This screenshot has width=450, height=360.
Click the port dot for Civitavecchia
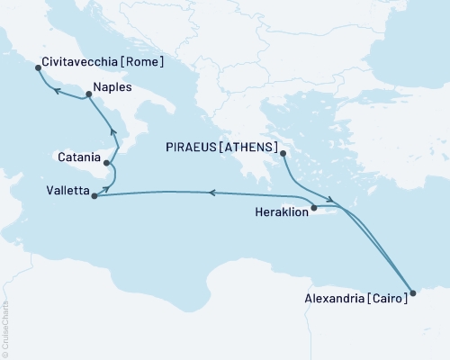coord(38,67)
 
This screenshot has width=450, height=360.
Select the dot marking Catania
coord(107,164)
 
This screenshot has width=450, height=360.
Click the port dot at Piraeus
coord(283,153)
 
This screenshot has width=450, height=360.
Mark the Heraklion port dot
coord(314,209)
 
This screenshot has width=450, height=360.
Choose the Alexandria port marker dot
coord(413,292)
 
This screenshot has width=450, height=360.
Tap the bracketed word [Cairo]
coord(385,300)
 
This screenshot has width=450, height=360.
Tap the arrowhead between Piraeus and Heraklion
coord(332,200)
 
